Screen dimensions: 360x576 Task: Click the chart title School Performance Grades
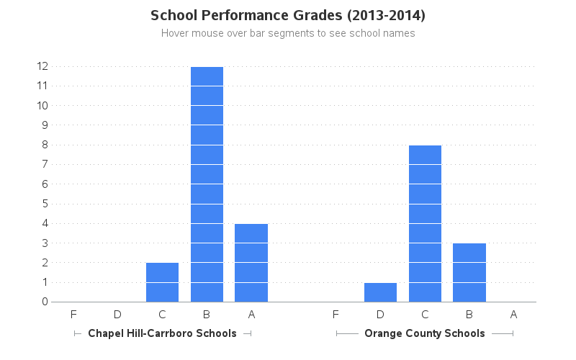[x=288, y=15]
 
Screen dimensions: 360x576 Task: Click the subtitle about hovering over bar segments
[x=288, y=33]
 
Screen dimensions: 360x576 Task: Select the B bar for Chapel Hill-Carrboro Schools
[x=207, y=184]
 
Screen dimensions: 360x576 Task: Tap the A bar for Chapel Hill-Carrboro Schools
[x=251, y=263]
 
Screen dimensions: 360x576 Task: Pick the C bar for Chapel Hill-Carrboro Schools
[x=162, y=282]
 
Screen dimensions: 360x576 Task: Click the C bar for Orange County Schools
[x=425, y=223]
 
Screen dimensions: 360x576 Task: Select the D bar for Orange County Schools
[x=380, y=292]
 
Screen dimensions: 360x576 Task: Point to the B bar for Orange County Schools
[x=469, y=272]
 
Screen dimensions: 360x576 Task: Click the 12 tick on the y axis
[x=42, y=66]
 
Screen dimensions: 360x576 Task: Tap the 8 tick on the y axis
[x=45, y=145]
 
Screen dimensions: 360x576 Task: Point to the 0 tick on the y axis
[x=45, y=302]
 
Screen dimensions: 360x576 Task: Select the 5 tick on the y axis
[x=45, y=204]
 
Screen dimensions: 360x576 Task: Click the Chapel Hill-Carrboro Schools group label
[x=162, y=333]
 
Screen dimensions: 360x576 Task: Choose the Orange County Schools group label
[x=425, y=333]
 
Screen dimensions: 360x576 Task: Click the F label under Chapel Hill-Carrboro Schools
[x=73, y=314]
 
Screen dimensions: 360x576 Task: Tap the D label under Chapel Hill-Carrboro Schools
[x=117, y=314]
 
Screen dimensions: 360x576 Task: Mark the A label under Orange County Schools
[x=513, y=314]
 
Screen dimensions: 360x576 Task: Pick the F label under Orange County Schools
[x=336, y=314]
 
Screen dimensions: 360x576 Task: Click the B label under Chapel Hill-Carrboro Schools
[x=207, y=314]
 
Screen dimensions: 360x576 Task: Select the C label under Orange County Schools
[x=425, y=314]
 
